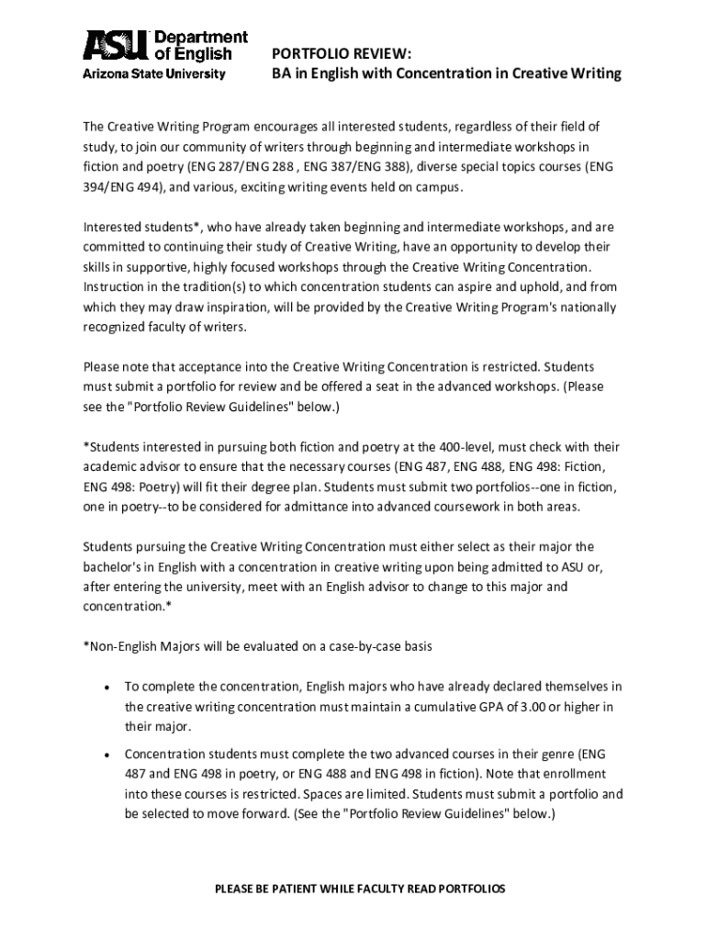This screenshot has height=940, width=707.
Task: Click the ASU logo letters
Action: coord(114,46)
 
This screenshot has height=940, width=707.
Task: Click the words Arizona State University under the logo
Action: coord(154,74)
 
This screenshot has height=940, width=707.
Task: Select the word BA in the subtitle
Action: coord(281,73)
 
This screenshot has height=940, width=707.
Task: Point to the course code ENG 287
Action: coord(212,166)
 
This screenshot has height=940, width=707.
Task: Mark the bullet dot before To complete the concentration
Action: coord(107,687)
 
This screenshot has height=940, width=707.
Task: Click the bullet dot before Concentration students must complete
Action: coord(107,755)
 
